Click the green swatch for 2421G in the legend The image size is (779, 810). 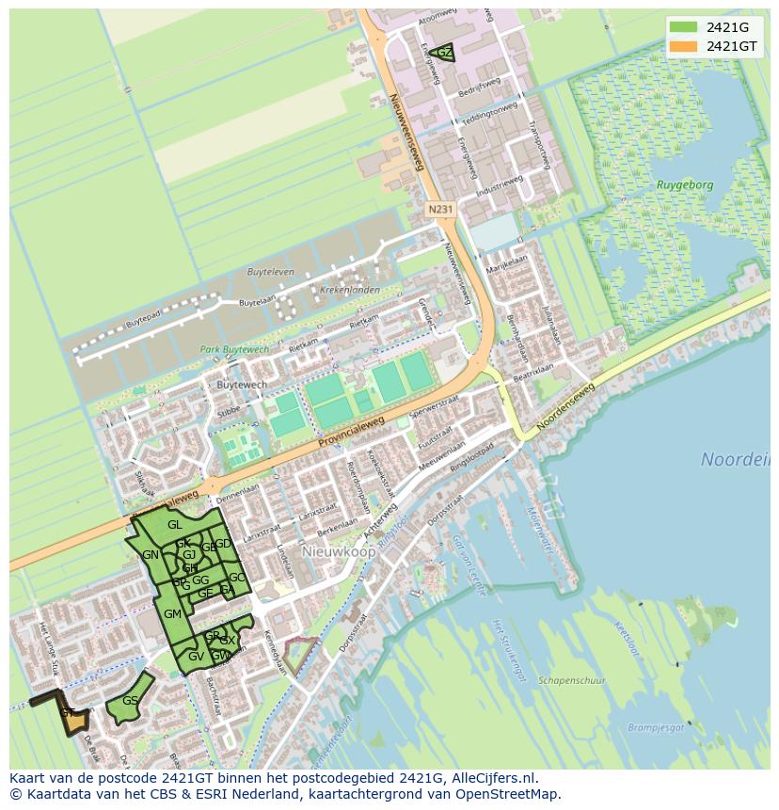pyautogui.click(x=684, y=27)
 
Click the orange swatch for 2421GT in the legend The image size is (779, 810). pyautogui.click(x=684, y=46)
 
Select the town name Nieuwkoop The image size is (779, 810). pyautogui.click(x=338, y=551)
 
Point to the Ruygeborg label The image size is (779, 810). pyautogui.click(x=685, y=186)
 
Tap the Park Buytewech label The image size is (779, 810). pyautogui.click(x=233, y=349)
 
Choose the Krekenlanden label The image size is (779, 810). pyautogui.click(x=349, y=290)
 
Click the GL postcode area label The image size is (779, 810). pyautogui.click(x=175, y=524)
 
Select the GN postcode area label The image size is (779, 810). pyautogui.click(x=151, y=555)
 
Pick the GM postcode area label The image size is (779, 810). pyautogui.click(x=172, y=613)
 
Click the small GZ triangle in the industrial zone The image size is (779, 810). pyautogui.click(x=443, y=54)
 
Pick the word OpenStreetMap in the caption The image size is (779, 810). pyautogui.click(x=505, y=794)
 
